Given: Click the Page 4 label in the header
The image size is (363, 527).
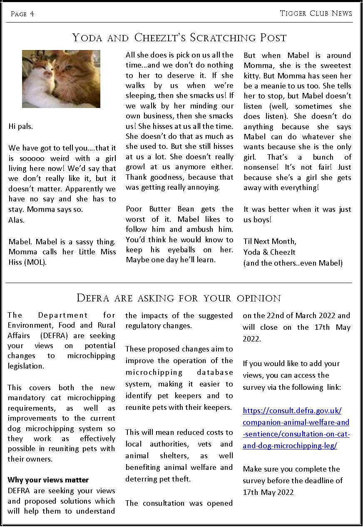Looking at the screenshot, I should (x=22, y=14).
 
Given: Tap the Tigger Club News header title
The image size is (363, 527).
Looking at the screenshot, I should (x=316, y=13).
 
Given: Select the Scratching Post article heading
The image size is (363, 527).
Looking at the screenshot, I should (x=179, y=38).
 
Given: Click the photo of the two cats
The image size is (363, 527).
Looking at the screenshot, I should (x=61, y=79).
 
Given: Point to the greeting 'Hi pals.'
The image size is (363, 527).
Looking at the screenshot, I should (x=20, y=126).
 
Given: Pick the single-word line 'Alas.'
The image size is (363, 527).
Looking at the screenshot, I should (x=16, y=220).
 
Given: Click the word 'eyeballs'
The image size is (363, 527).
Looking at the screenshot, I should (x=179, y=249).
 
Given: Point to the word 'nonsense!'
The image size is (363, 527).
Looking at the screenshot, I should (x=264, y=167).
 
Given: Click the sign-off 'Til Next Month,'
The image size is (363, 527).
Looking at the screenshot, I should (x=270, y=241).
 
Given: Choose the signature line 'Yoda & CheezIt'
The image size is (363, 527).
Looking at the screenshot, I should (x=269, y=252).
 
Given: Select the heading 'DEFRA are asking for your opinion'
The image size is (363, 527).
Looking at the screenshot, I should (x=179, y=299).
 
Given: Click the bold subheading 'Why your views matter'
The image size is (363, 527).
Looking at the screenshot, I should (x=48, y=480).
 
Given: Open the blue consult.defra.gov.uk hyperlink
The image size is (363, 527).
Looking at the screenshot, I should (x=296, y=428).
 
